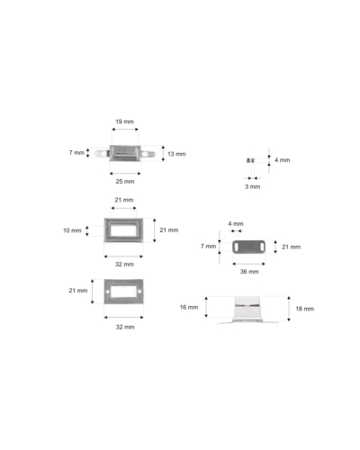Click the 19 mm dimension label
point(124,121)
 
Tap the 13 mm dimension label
point(176,154)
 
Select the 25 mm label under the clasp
point(125,182)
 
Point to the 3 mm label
point(253,186)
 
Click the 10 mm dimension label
point(72,230)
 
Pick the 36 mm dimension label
point(249,272)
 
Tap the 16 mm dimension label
point(189,307)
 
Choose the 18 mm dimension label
point(305,309)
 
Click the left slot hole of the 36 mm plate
point(237,247)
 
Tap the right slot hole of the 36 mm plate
point(262,247)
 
